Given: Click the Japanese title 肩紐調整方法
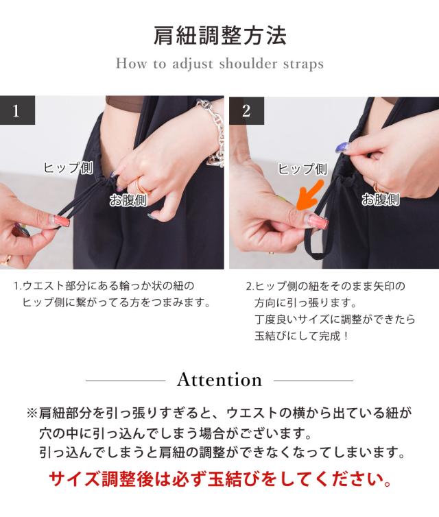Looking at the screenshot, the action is (219, 35).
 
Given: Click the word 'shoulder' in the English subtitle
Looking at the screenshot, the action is (248, 63).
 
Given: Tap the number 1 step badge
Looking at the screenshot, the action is (17, 110).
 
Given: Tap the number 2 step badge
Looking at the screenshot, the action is (247, 111).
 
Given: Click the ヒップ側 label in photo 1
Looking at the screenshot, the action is (69, 168).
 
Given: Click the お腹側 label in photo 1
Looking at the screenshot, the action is (128, 200).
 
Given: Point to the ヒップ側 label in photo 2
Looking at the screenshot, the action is (302, 169).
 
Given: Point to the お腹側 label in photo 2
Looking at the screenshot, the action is (381, 200).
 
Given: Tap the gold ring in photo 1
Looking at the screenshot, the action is (142, 186).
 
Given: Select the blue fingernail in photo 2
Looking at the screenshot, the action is (343, 147).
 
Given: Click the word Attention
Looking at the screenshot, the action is (219, 380).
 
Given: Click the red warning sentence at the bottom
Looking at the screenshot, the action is (220, 479).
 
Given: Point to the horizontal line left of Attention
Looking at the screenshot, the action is (126, 381).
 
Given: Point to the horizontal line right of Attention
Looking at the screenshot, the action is (313, 381).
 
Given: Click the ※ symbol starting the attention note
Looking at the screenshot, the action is (32, 413).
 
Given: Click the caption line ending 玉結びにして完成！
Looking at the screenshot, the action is (301, 336).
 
